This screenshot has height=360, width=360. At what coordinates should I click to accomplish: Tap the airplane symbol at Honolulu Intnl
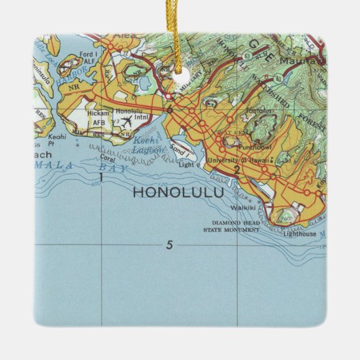coord(126,121)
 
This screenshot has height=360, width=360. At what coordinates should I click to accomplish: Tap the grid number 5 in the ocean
coord(168,245)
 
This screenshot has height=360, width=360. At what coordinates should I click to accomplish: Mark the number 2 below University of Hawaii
coord(236,170)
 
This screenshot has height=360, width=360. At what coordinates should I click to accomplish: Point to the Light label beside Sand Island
coord(185,164)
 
